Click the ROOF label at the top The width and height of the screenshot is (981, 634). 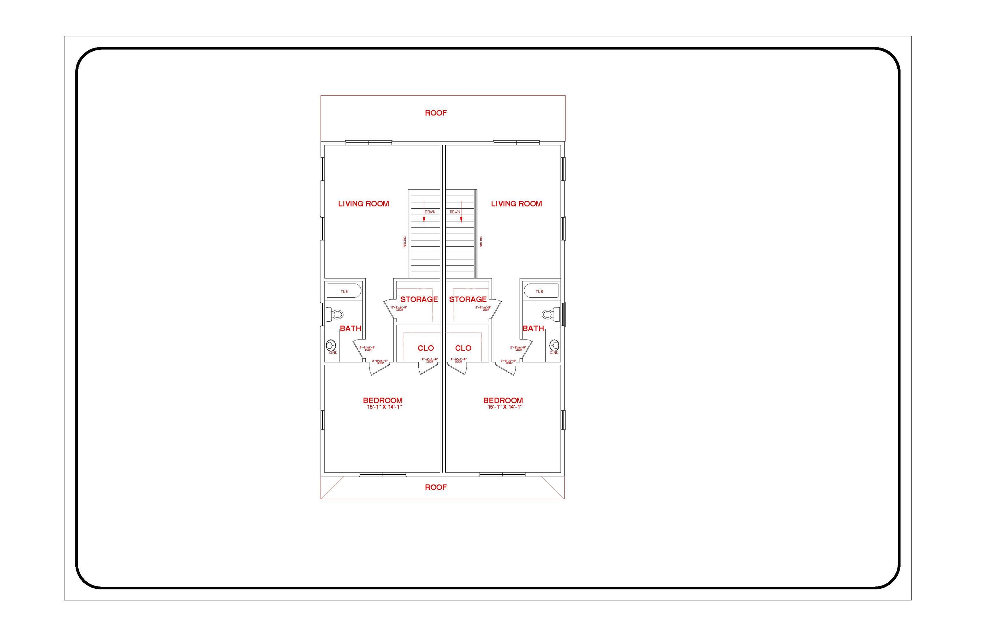tap(436, 113)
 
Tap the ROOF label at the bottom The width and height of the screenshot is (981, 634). tap(436, 487)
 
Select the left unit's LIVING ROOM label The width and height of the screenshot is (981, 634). tap(363, 203)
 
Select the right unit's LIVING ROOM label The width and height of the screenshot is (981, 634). tap(516, 203)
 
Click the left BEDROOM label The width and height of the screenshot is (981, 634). tap(382, 400)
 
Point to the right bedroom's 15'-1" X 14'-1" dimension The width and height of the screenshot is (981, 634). tap(505, 407)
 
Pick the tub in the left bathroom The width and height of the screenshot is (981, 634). tap(344, 291)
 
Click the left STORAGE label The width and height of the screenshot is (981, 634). tap(419, 299)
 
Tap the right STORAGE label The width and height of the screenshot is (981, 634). tap(468, 299)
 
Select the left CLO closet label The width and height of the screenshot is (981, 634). tap(426, 348)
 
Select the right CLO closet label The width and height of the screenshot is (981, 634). tap(463, 348)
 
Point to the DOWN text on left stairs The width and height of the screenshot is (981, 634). tap(430, 212)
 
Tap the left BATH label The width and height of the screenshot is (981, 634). tap(351, 329)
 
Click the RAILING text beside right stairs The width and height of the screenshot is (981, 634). tap(481, 242)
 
